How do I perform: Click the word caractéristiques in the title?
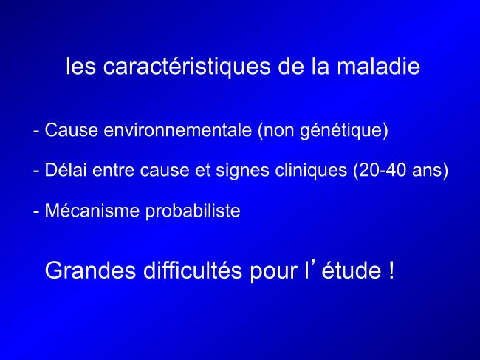click(187, 67)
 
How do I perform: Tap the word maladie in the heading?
click(378, 66)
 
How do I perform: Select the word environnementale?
click(178, 130)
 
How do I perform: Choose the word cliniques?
click(311, 170)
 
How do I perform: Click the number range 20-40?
click(383, 170)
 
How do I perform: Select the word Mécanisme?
click(92, 211)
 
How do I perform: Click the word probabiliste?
click(193, 211)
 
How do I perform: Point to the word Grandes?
click(90, 270)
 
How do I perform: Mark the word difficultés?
click(193, 270)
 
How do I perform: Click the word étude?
click(352, 270)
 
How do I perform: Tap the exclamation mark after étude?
click(391, 270)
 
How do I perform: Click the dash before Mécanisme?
click(36, 211)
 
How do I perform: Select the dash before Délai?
click(36, 171)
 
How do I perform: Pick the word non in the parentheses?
click(279, 132)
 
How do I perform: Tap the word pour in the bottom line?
click(274, 272)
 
